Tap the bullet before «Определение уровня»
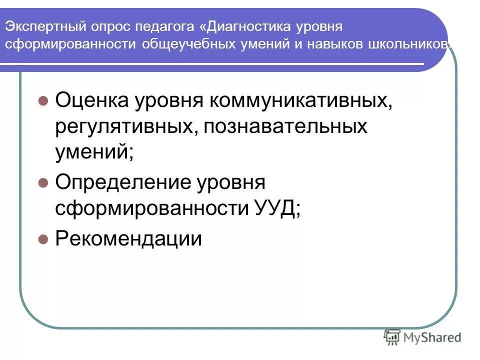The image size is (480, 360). pyautogui.click(x=43, y=182)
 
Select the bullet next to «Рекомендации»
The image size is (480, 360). pyautogui.click(x=43, y=239)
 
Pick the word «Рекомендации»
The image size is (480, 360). pyautogui.click(x=128, y=239)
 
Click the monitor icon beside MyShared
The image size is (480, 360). pyautogui.click(x=391, y=336)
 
